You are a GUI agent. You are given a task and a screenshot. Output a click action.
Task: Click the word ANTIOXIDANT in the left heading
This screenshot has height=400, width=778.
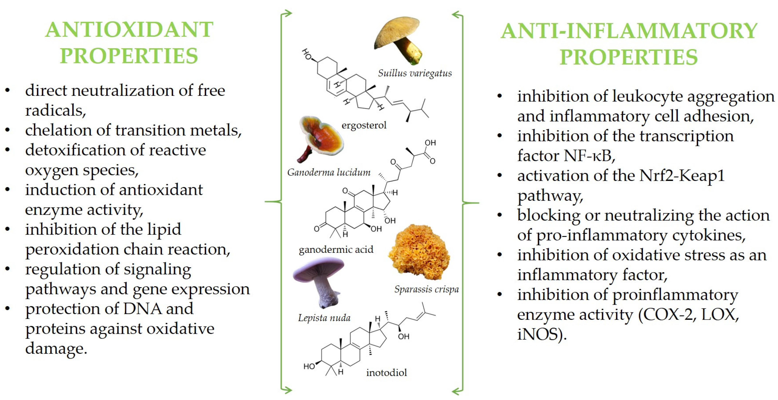coord(129,30)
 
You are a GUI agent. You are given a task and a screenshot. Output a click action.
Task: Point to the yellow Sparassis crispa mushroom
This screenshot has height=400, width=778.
coord(419,252)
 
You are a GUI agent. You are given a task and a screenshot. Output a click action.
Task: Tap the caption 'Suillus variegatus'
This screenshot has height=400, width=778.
coord(415,73)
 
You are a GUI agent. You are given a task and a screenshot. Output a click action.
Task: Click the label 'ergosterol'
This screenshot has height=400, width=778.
coord(364,125)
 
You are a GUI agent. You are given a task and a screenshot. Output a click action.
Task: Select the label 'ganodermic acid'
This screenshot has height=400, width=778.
coord(336,249)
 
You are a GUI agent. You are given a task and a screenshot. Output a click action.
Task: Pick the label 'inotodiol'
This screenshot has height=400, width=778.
coord(387,373)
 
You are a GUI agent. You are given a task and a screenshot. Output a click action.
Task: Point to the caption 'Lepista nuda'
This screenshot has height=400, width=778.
coord(324,318)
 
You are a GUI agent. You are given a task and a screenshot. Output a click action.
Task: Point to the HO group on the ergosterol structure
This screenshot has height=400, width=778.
coord(307,54)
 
